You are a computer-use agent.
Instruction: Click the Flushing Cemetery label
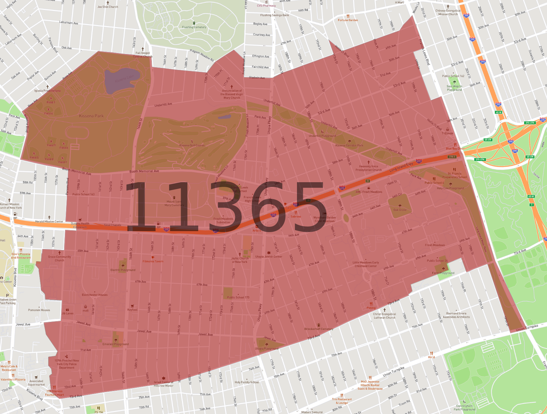coord(194,27)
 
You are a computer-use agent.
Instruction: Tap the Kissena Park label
coord(91,116)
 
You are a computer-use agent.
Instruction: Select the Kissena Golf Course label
coord(192,145)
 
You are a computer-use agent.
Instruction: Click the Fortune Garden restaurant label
coord(348,20)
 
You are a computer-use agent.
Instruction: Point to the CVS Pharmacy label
coord(266,6)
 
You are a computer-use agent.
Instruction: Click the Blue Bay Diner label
coord(455,148)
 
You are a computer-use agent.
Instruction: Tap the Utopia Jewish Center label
coord(269,257)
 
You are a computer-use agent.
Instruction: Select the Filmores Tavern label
coord(153,261)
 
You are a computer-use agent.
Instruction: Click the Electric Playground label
coord(123,270)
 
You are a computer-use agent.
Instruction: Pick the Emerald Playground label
coord(116,344)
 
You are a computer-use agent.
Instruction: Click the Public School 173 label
coord(238,297)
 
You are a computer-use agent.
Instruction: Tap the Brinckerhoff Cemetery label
coord(319,329)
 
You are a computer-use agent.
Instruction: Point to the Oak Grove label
coord(400,210)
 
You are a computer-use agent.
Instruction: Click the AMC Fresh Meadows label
coord(369,192)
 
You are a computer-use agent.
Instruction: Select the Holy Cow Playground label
coord(450,188)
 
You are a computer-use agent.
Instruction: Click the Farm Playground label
coord(443,273)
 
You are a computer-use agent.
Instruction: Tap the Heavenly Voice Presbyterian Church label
coord(369,168)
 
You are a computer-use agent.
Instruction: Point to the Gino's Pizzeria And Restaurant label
coord(21,256)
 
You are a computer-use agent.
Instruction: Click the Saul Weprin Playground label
coord(455,88)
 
